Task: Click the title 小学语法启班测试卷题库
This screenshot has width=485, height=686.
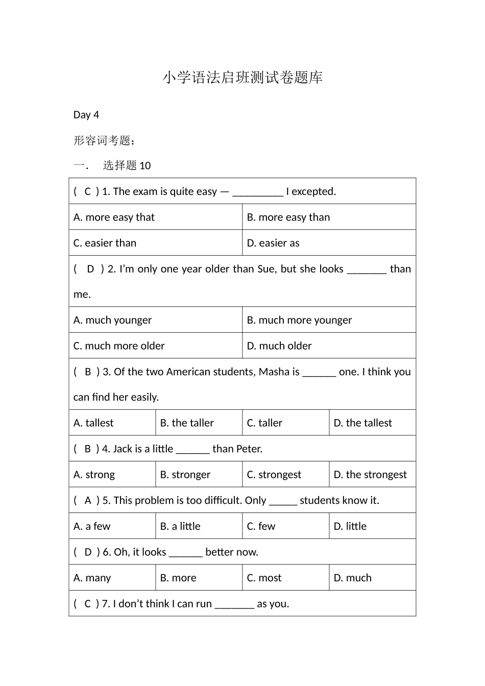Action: [243, 78]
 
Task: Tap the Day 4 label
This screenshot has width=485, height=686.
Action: [86, 115]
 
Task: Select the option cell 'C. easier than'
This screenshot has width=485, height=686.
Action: [105, 243]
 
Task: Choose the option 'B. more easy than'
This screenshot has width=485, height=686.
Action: [288, 217]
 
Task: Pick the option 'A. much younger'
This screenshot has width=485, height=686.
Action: [113, 320]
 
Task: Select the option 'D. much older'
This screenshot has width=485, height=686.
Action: [279, 346]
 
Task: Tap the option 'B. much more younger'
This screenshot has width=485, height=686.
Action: [300, 320]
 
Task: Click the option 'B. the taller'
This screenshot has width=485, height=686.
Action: [187, 423]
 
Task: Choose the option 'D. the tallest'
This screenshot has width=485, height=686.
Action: [363, 423]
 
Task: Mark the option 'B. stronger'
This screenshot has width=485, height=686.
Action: [185, 475]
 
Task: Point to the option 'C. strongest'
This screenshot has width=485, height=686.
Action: [274, 475]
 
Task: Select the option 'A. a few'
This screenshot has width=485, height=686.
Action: [92, 526]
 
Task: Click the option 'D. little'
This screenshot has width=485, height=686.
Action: [350, 526]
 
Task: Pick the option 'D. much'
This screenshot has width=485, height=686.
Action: [353, 578]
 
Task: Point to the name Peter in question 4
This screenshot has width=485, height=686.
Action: [248, 449]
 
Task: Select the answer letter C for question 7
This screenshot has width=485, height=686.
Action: [87, 604]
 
